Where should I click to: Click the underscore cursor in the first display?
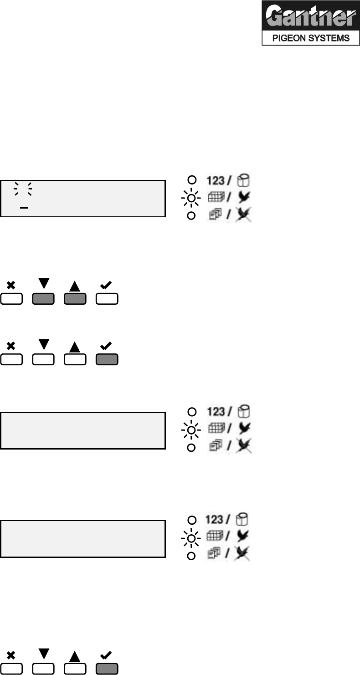24,207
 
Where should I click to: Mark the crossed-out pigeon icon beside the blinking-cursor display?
244,215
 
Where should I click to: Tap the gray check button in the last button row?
107,669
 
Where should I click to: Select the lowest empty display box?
82,539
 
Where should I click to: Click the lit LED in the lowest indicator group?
192,537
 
